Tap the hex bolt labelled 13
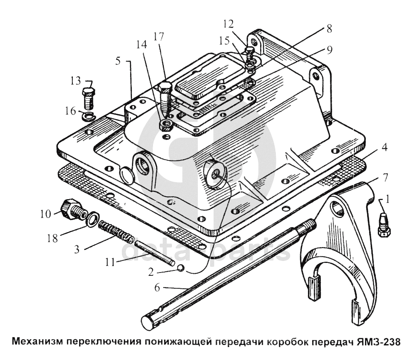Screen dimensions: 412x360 point(89,99)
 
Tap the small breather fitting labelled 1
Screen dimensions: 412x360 point(384,224)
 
